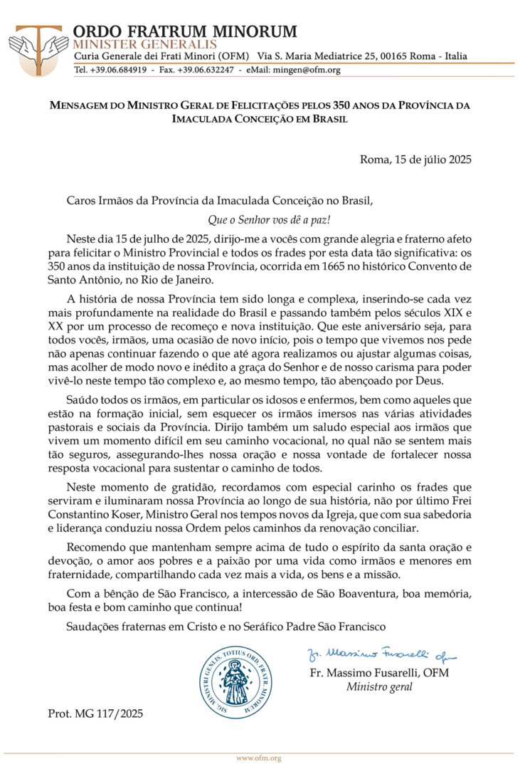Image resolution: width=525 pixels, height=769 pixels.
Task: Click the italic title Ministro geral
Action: point(379,687)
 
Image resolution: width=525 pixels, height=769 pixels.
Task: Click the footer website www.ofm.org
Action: point(259,758)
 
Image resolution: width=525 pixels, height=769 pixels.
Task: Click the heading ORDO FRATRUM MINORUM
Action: point(185,31)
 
